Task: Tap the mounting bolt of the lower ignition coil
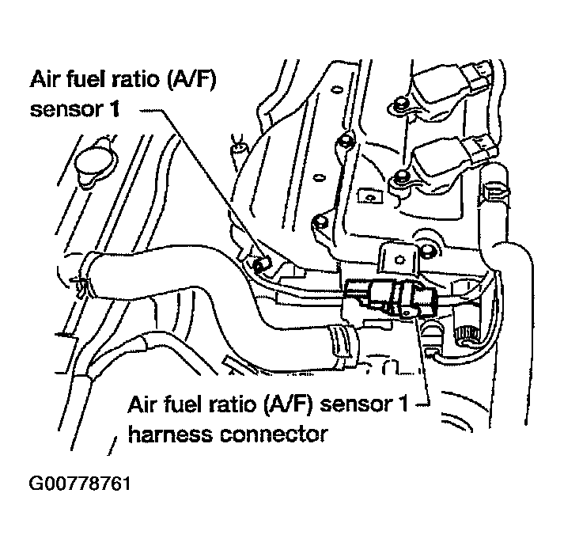click(401, 178)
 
